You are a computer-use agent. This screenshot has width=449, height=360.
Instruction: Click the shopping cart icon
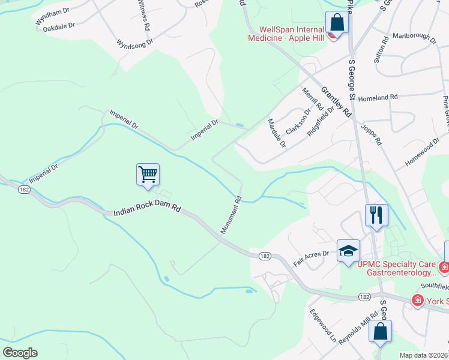148,175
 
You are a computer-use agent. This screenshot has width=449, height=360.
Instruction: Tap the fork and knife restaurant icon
376,215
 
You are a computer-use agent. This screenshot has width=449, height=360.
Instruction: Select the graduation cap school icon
348,251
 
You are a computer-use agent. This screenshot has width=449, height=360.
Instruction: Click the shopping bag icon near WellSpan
337,23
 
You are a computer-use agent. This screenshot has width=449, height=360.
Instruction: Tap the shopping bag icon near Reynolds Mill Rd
380,332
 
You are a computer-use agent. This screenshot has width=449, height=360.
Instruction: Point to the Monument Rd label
231,214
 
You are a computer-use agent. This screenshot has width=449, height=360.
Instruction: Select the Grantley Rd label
336,101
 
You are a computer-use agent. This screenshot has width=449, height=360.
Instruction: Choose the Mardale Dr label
277,132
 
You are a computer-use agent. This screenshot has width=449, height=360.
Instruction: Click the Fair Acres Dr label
311,258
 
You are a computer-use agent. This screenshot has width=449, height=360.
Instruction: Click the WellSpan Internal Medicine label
291,33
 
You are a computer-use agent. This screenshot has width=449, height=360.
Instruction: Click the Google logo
20,353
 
